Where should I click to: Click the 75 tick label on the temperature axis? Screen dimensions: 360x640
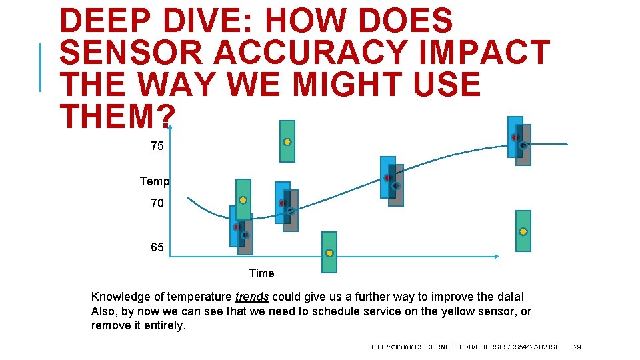[157, 146]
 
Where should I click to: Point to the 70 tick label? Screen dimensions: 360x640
[157, 203]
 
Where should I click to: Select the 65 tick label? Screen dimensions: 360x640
[157, 247]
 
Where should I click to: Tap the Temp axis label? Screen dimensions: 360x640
[155, 181]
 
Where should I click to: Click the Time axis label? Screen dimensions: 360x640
[261, 273]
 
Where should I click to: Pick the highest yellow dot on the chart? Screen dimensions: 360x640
[287, 142]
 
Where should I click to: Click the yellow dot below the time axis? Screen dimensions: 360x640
[329, 253]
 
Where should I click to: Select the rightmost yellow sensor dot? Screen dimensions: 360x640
[523, 231]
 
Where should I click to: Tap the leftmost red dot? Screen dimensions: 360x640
[237, 227]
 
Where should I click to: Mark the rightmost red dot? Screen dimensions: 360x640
[515, 137]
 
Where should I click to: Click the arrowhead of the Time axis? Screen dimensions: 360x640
[497, 257]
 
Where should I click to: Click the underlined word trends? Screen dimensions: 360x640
[251, 297]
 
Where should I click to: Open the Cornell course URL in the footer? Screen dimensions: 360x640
[466, 347]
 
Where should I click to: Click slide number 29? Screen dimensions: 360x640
[577, 347]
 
